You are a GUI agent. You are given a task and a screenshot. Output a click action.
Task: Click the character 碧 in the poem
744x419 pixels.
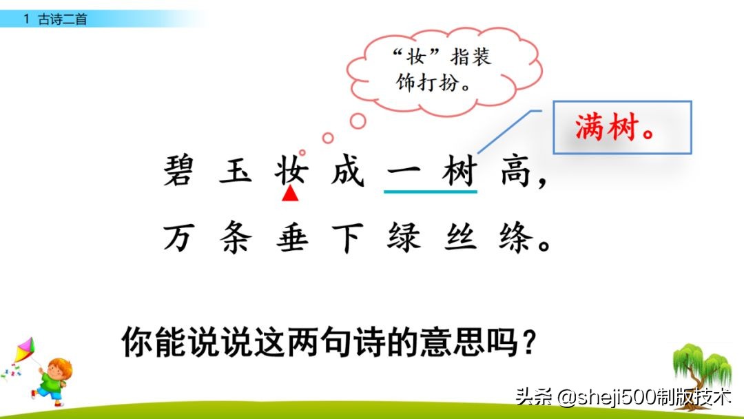(180, 171)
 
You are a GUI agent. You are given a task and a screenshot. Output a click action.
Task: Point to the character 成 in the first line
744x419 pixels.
(347, 171)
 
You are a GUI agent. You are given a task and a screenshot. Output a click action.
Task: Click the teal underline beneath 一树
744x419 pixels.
(431, 192)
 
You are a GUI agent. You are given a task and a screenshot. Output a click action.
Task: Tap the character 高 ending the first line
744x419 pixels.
(516, 171)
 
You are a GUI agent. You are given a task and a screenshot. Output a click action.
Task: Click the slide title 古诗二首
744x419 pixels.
(63, 19)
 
